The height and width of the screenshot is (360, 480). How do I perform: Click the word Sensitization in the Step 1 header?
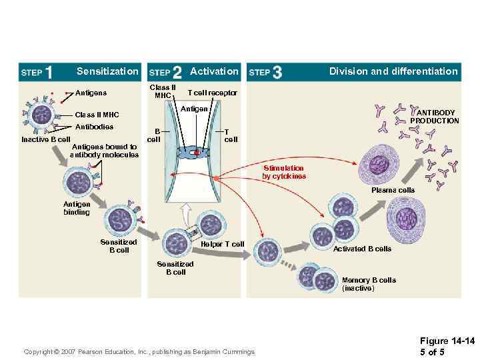107,71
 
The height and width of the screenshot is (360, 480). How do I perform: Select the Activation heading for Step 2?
214,71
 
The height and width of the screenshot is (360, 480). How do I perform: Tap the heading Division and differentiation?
393,71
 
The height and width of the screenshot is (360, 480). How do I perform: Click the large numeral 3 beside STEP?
277,72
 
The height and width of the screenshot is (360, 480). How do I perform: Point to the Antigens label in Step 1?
91,93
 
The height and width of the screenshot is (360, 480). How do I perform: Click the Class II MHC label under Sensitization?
97,115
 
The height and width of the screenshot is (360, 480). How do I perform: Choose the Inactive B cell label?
45,139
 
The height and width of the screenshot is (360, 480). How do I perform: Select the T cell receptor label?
212,93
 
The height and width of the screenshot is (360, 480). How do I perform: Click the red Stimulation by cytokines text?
284,173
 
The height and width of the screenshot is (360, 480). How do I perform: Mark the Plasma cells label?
393,190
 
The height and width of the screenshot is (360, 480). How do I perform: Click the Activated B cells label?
362,249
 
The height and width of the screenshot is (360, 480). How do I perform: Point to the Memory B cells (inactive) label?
369,284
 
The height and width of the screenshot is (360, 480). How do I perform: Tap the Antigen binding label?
77,208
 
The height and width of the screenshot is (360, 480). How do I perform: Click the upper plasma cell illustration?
381,165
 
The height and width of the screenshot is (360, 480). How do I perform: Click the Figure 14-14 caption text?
447,346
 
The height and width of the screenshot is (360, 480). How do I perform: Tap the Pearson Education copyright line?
139,351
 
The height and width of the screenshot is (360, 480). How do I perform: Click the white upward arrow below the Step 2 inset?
186,214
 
